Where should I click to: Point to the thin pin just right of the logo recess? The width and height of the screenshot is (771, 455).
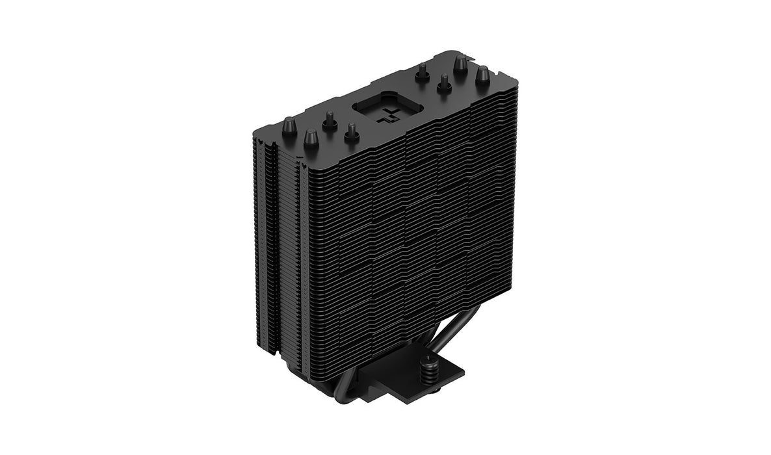[x=422, y=70]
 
